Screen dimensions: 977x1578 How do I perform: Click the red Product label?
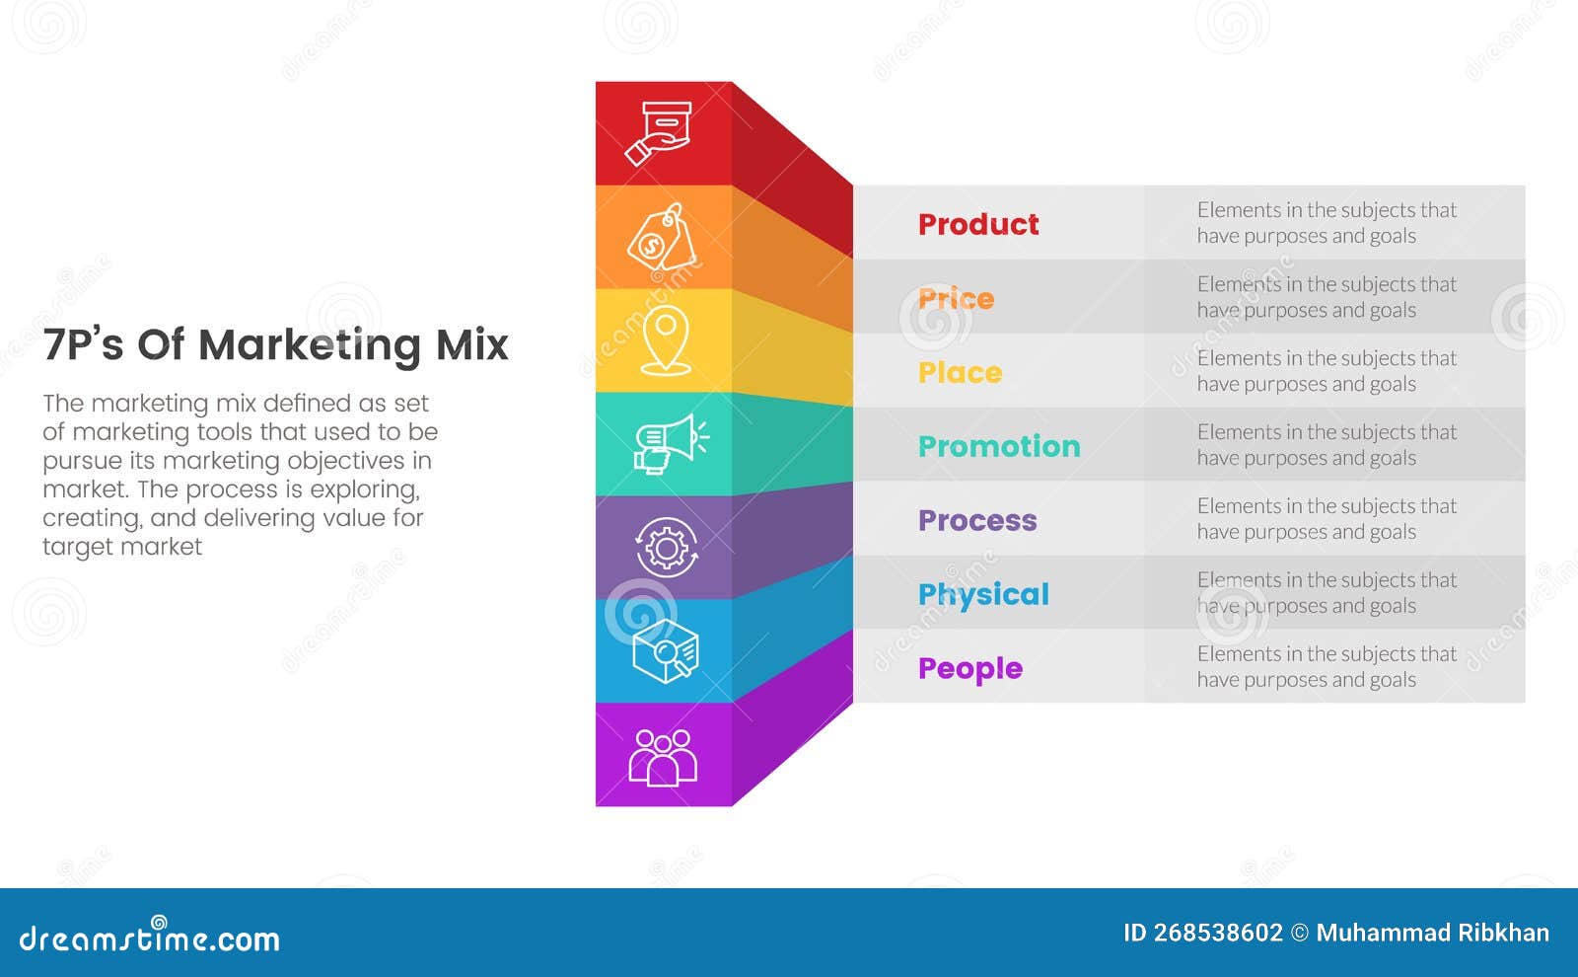[977, 224]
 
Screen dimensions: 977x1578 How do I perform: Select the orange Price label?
[956, 298]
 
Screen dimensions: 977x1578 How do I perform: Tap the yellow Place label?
[960, 372]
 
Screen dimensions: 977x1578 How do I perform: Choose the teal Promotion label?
[998, 446]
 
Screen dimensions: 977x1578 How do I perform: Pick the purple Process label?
[976, 520]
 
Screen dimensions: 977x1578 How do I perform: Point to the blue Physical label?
[983, 594]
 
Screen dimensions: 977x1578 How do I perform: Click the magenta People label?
[969, 668]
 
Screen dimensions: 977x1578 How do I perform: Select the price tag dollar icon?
[662, 238]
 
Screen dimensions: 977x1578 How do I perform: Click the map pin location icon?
[666, 340]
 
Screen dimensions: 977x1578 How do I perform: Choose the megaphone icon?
[669, 444]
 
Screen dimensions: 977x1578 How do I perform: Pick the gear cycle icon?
[667, 547]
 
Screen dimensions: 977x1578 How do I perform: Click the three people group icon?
[663, 756]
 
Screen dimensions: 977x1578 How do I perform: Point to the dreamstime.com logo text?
[149, 938]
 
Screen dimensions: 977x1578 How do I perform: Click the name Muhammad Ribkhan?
[1432, 933]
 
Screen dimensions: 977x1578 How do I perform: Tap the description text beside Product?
[1326, 223]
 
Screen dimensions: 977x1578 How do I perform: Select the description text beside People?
[1326, 667]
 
